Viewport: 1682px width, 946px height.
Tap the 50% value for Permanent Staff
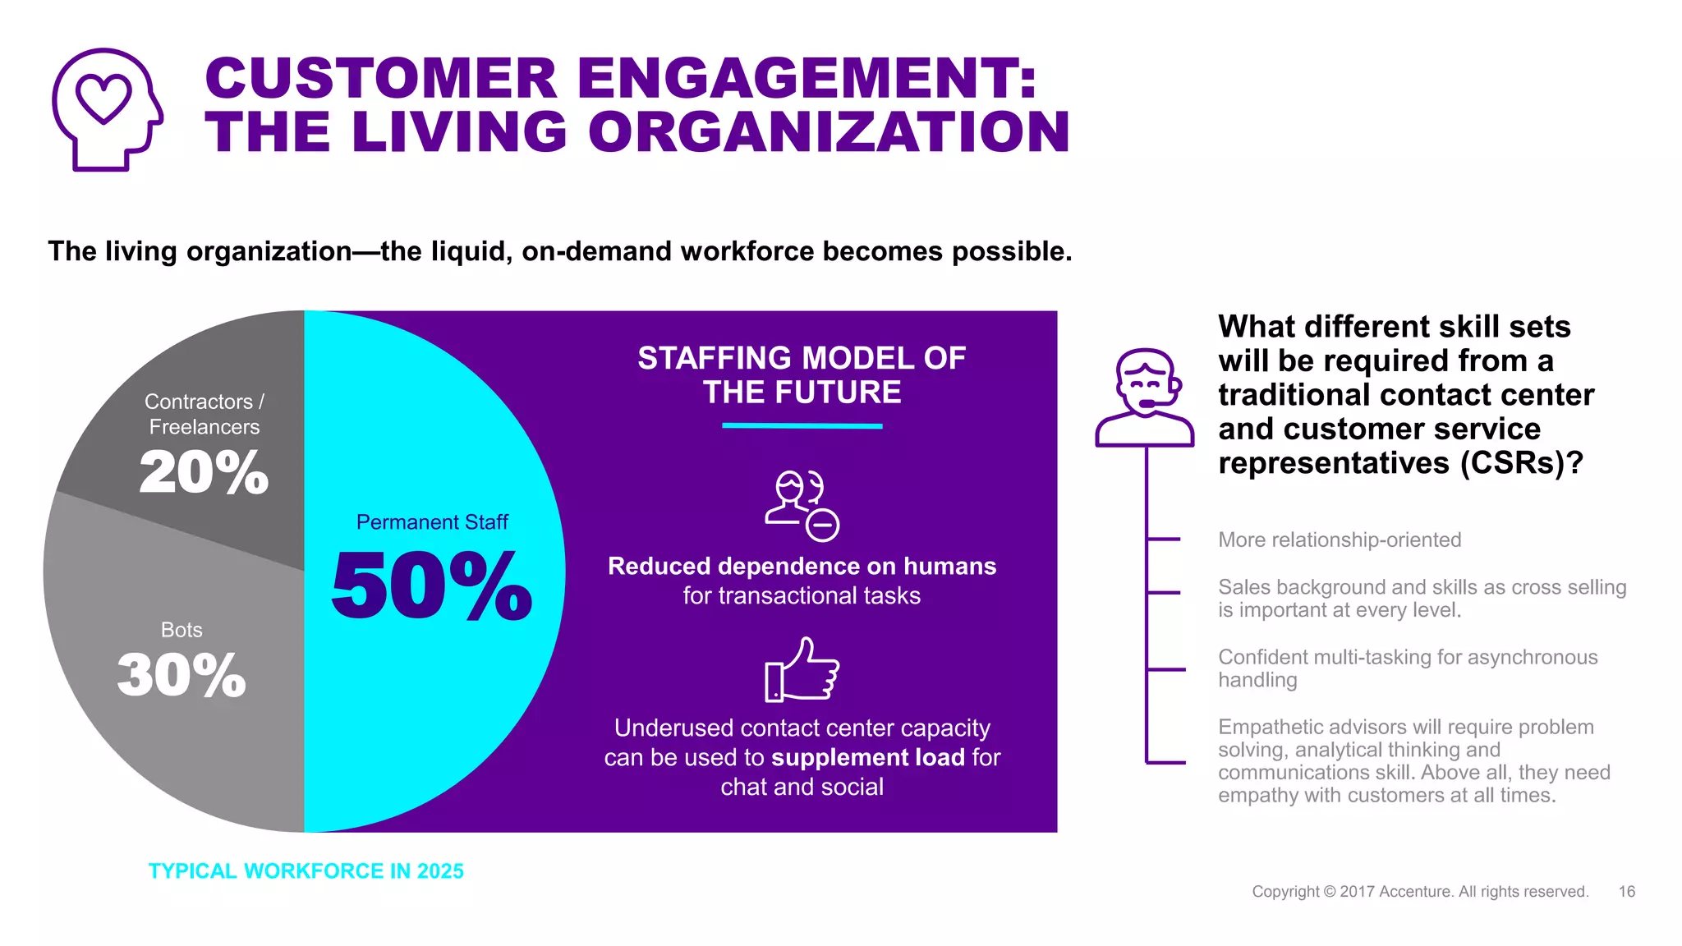[x=432, y=586]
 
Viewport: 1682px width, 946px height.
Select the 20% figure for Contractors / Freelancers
[x=204, y=473]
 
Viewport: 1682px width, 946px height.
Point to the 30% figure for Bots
[x=182, y=676]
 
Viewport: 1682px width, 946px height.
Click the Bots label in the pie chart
[x=182, y=630]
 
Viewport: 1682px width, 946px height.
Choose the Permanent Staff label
[x=432, y=522]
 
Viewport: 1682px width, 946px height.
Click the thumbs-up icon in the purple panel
[x=802, y=670]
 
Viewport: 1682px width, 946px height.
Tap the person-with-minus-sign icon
[x=802, y=505]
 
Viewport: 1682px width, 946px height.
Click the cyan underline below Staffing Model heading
[x=802, y=426]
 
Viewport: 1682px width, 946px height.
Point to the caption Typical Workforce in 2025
[x=306, y=871]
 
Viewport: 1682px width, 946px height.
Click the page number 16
[x=1626, y=892]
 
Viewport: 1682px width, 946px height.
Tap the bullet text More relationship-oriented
[x=1340, y=540]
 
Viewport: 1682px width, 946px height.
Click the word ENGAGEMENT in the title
[x=807, y=79]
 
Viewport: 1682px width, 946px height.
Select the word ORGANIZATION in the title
[x=829, y=132]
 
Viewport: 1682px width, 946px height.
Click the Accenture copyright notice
[x=1420, y=892]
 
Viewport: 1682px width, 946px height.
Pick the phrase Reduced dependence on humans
[x=802, y=567]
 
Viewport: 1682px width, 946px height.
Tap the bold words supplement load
[x=867, y=757]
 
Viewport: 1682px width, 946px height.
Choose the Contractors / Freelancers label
[x=204, y=414]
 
